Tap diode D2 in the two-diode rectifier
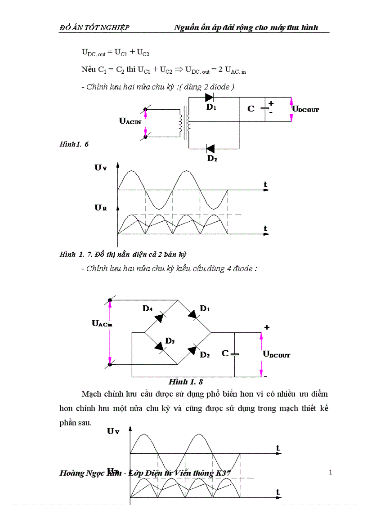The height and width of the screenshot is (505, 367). (x=210, y=148)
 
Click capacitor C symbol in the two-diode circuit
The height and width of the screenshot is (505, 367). (x=266, y=108)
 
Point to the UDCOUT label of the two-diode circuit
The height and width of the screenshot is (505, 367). (x=305, y=109)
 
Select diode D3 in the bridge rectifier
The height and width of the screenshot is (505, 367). (x=158, y=346)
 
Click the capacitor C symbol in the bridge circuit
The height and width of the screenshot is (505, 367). (x=234, y=354)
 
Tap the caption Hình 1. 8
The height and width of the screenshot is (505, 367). (x=185, y=382)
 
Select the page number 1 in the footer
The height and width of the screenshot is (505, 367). (x=331, y=472)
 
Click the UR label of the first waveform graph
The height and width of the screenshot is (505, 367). (x=100, y=208)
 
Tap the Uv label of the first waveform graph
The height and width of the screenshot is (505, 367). (x=100, y=167)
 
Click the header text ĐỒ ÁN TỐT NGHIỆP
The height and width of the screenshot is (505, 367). (x=94, y=28)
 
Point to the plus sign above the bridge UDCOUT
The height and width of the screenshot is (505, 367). (x=267, y=327)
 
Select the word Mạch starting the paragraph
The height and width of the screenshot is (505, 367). (x=92, y=394)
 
